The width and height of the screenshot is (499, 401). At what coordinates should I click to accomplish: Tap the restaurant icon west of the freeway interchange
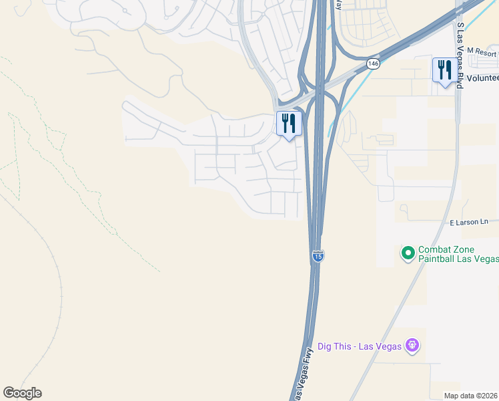tap(289, 124)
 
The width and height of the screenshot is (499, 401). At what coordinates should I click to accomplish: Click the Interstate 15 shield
tap(318, 257)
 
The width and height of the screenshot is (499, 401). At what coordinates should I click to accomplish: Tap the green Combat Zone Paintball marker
tap(408, 253)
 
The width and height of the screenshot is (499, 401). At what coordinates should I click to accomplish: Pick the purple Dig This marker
tap(413, 346)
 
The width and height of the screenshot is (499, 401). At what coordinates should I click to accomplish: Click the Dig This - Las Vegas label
tap(360, 346)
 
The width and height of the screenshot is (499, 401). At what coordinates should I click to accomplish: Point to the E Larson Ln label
tap(469, 222)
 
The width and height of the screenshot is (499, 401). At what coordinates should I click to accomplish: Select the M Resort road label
tap(482, 51)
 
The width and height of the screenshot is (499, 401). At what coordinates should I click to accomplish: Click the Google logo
tap(22, 393)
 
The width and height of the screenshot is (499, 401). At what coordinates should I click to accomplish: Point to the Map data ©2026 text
tap(471, 395)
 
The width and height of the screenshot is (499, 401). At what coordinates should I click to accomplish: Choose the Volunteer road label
tap(482, 77)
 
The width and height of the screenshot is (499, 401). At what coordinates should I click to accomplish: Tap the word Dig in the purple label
tap(325, 346)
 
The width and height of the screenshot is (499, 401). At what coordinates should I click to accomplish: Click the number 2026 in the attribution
tap(490, 395)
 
